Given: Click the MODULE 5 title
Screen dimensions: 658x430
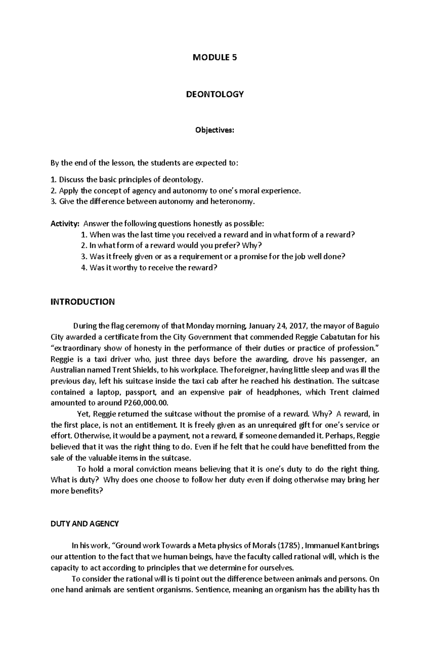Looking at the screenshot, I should (215, 58).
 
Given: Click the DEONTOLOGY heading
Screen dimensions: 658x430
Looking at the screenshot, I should (215, 94).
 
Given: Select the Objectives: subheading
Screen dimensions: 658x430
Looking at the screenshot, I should (214, 130).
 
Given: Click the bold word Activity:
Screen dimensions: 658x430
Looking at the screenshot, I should (64, 224).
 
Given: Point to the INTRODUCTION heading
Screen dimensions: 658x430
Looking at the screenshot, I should (82, 302).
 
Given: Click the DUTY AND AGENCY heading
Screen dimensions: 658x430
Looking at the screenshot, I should (85, 524).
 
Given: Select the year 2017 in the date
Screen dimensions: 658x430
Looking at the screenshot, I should (298, 326).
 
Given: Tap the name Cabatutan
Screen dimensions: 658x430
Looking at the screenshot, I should (340, 337).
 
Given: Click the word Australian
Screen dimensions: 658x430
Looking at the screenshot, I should (67, 370).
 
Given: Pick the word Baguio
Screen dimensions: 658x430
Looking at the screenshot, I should (368, 326).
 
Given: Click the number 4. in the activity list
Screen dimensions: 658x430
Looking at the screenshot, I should (84, 268).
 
